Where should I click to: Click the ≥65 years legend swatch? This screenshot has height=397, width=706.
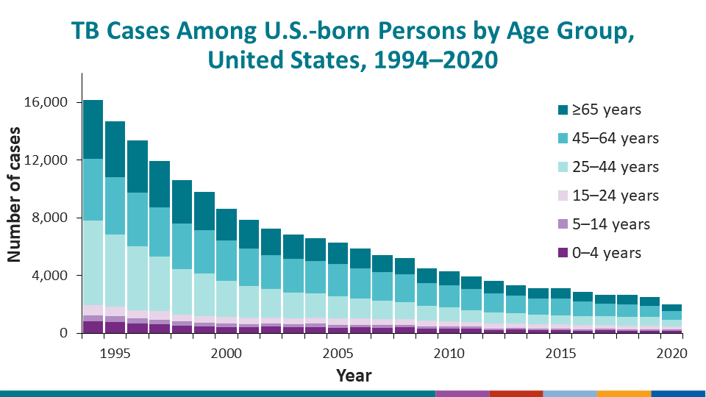[x=563, y=110]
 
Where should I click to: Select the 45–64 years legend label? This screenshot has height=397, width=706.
[x=616, y=138]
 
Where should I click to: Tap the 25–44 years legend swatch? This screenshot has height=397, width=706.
[x=563, y=167]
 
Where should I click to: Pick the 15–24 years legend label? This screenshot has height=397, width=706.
[x=616, y=196]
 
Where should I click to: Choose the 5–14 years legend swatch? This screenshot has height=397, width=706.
[x=563, y=224]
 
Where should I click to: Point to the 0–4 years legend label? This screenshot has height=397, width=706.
[x=610, y=253]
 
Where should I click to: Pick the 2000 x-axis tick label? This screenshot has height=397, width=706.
[x=227, y=353]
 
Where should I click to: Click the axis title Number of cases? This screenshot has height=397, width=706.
[x=15, y=196]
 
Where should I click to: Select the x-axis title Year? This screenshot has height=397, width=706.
[x=354, y=376]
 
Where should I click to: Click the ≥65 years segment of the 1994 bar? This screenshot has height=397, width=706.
[x=93, y=129]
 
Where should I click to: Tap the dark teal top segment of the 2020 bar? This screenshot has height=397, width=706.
[x=672, y=307]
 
